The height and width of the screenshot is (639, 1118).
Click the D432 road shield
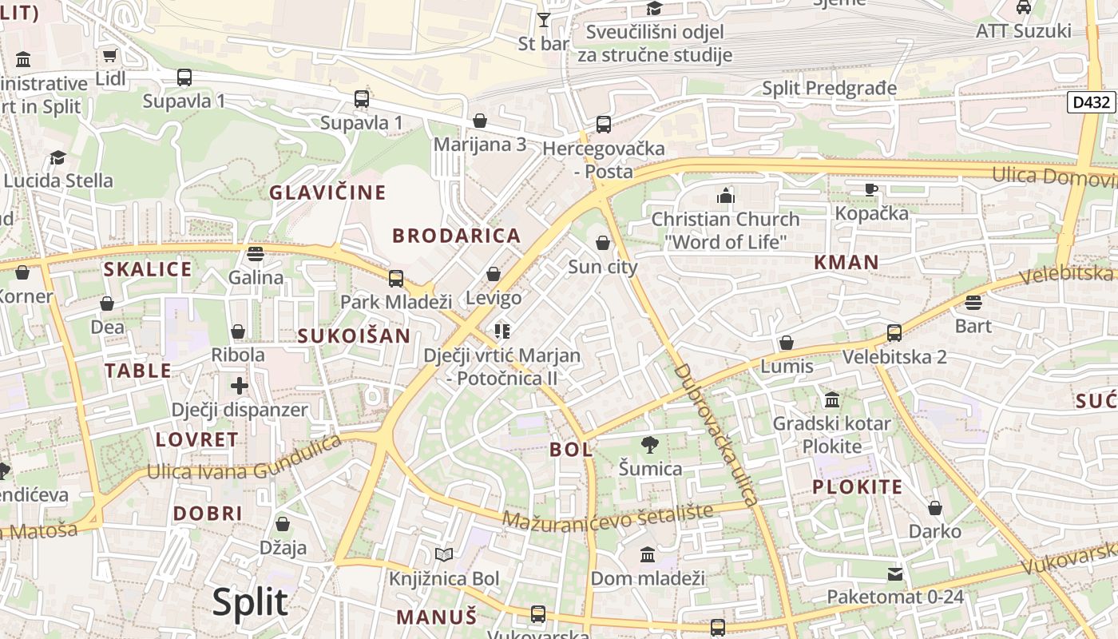(1091, 102)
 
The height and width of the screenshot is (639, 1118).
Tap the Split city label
(250, 601)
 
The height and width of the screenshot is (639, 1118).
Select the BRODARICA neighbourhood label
(456, 236)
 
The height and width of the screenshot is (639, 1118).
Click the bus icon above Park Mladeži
(396, 279)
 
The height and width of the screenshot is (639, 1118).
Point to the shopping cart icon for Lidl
(110, 56)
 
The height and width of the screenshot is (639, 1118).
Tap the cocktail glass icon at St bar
(544, 20)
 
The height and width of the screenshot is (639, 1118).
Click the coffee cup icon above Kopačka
(871, 190)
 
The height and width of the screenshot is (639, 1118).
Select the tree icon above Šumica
(650, 445)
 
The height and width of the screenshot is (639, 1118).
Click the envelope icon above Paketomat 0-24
(895, 574)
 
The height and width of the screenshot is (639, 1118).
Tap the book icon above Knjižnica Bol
(444, 554)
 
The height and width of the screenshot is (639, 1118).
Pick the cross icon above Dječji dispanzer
(239, 387)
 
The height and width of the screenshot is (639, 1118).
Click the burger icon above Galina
(256, 254)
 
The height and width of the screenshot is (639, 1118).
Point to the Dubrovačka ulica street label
(715, 435)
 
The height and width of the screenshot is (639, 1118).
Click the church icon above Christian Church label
(725, 196)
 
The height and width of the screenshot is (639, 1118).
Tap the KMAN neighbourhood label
(846, 262)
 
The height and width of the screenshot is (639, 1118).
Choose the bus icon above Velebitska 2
(894, 333)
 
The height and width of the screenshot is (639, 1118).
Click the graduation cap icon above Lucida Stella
(57, 157)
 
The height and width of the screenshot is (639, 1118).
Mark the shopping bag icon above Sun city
(603, 243)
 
